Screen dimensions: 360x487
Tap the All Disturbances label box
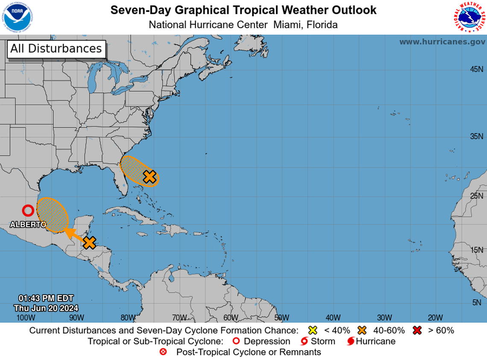pos(56,49)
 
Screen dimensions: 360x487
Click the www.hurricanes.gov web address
pos(442,42)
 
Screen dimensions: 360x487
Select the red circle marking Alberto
pos(28,210)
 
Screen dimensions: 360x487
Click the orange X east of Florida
pos(149,176)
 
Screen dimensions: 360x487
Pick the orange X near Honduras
pos(89,242)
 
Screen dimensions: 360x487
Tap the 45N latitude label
pos(476,69)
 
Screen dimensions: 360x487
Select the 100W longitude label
pos(26,317)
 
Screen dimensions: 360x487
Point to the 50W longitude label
pos(282,317)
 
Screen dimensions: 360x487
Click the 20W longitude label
pos(435,317)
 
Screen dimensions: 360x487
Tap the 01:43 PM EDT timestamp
pos(46,298)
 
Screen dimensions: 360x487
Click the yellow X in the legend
pos(313,330)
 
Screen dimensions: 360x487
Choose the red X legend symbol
pos(417,330)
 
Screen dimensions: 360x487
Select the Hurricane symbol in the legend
pos(350,341)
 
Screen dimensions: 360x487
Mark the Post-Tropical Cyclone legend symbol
pos(163,352)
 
